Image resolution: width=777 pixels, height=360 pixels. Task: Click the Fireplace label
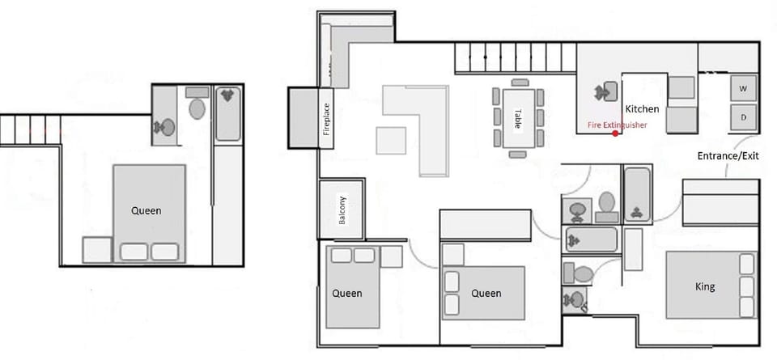(x=326, y=119)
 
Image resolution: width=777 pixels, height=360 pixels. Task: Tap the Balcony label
(x=342, y=210)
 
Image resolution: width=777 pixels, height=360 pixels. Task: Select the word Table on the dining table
(x=517, y=118)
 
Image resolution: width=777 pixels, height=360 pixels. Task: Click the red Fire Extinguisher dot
(x=616, y=133)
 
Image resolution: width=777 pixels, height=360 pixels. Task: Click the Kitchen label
(x=642, y=108)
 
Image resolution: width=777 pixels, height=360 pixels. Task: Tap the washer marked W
(x=743, y=87)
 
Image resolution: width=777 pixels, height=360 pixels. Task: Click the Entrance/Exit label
(x=728, y=156)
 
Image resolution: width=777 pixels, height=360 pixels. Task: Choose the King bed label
(x=705, y=286)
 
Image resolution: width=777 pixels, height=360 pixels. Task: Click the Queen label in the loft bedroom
(x=146, y=211)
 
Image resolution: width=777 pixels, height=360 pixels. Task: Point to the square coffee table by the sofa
(x=391, y=141)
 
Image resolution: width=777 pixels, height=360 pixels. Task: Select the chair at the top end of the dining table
(x=520, y=83)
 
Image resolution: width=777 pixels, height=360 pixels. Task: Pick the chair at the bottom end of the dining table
(x=518, y=154)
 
